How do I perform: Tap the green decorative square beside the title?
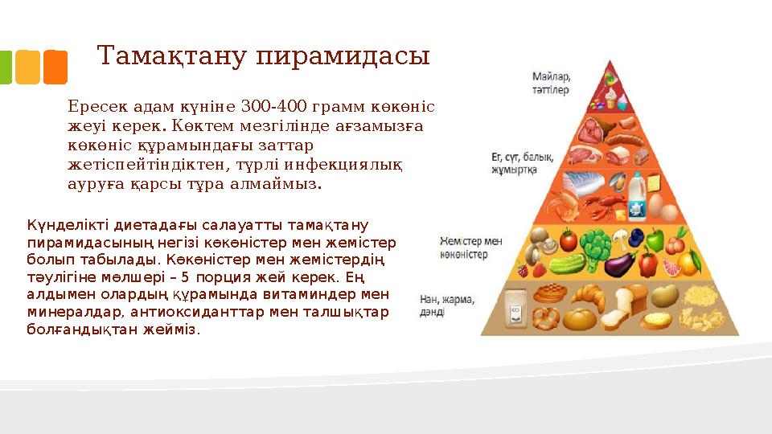point(6,68)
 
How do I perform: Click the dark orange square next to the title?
point(55,68)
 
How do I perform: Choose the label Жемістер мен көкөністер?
point(471,248)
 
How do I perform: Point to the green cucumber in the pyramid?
point(566,264)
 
